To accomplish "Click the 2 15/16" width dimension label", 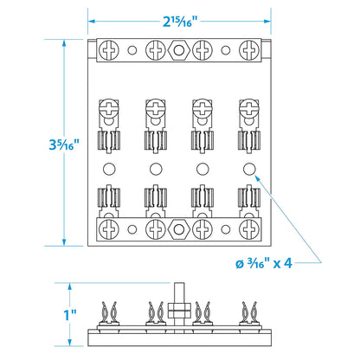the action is (x=180, y=21).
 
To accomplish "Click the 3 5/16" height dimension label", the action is (x=64, y=145).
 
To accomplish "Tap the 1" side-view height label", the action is (x=70, y=315).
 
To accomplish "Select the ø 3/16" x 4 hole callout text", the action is (x=264, y=263).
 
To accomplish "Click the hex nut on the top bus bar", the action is (x=179, y=50).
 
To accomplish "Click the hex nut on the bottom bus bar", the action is (x=179, y=229).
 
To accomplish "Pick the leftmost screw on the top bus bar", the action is (x=109, y=50).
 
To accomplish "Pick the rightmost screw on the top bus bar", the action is (x=249, y=50).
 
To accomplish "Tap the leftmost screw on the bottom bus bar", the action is (x=109, y=229).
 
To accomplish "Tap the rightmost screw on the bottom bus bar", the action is (x=249, y=229).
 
